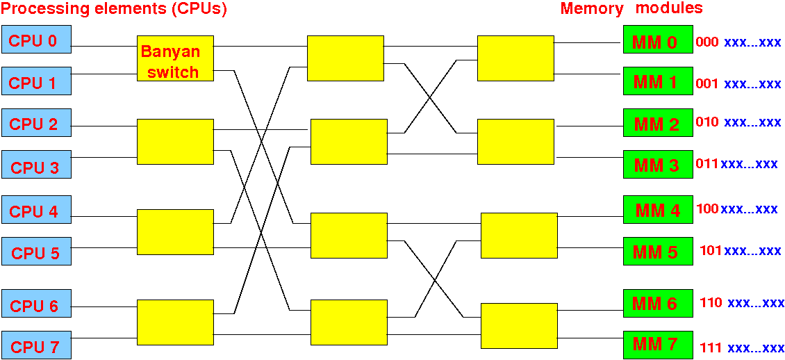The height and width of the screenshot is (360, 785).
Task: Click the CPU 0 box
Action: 36,38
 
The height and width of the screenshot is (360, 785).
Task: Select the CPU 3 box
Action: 36,164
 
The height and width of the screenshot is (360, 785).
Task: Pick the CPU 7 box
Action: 36,345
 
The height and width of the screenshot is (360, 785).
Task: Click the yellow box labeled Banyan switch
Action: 175,58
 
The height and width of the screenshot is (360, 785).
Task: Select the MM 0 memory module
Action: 658,39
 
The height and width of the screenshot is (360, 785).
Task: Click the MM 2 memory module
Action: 658,123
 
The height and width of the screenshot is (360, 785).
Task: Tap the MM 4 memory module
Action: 658,209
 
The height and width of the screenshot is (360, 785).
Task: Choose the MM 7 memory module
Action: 658,345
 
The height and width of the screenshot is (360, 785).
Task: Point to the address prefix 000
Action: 707,42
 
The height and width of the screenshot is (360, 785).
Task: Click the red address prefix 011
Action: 707,163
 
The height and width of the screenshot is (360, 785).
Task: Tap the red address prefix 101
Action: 711,250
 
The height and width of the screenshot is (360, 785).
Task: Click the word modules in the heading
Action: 670,8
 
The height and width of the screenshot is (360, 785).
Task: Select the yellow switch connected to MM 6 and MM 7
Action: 519,326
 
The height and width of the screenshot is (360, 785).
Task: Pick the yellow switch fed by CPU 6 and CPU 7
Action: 175,322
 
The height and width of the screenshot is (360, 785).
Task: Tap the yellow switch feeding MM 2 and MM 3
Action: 515,142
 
